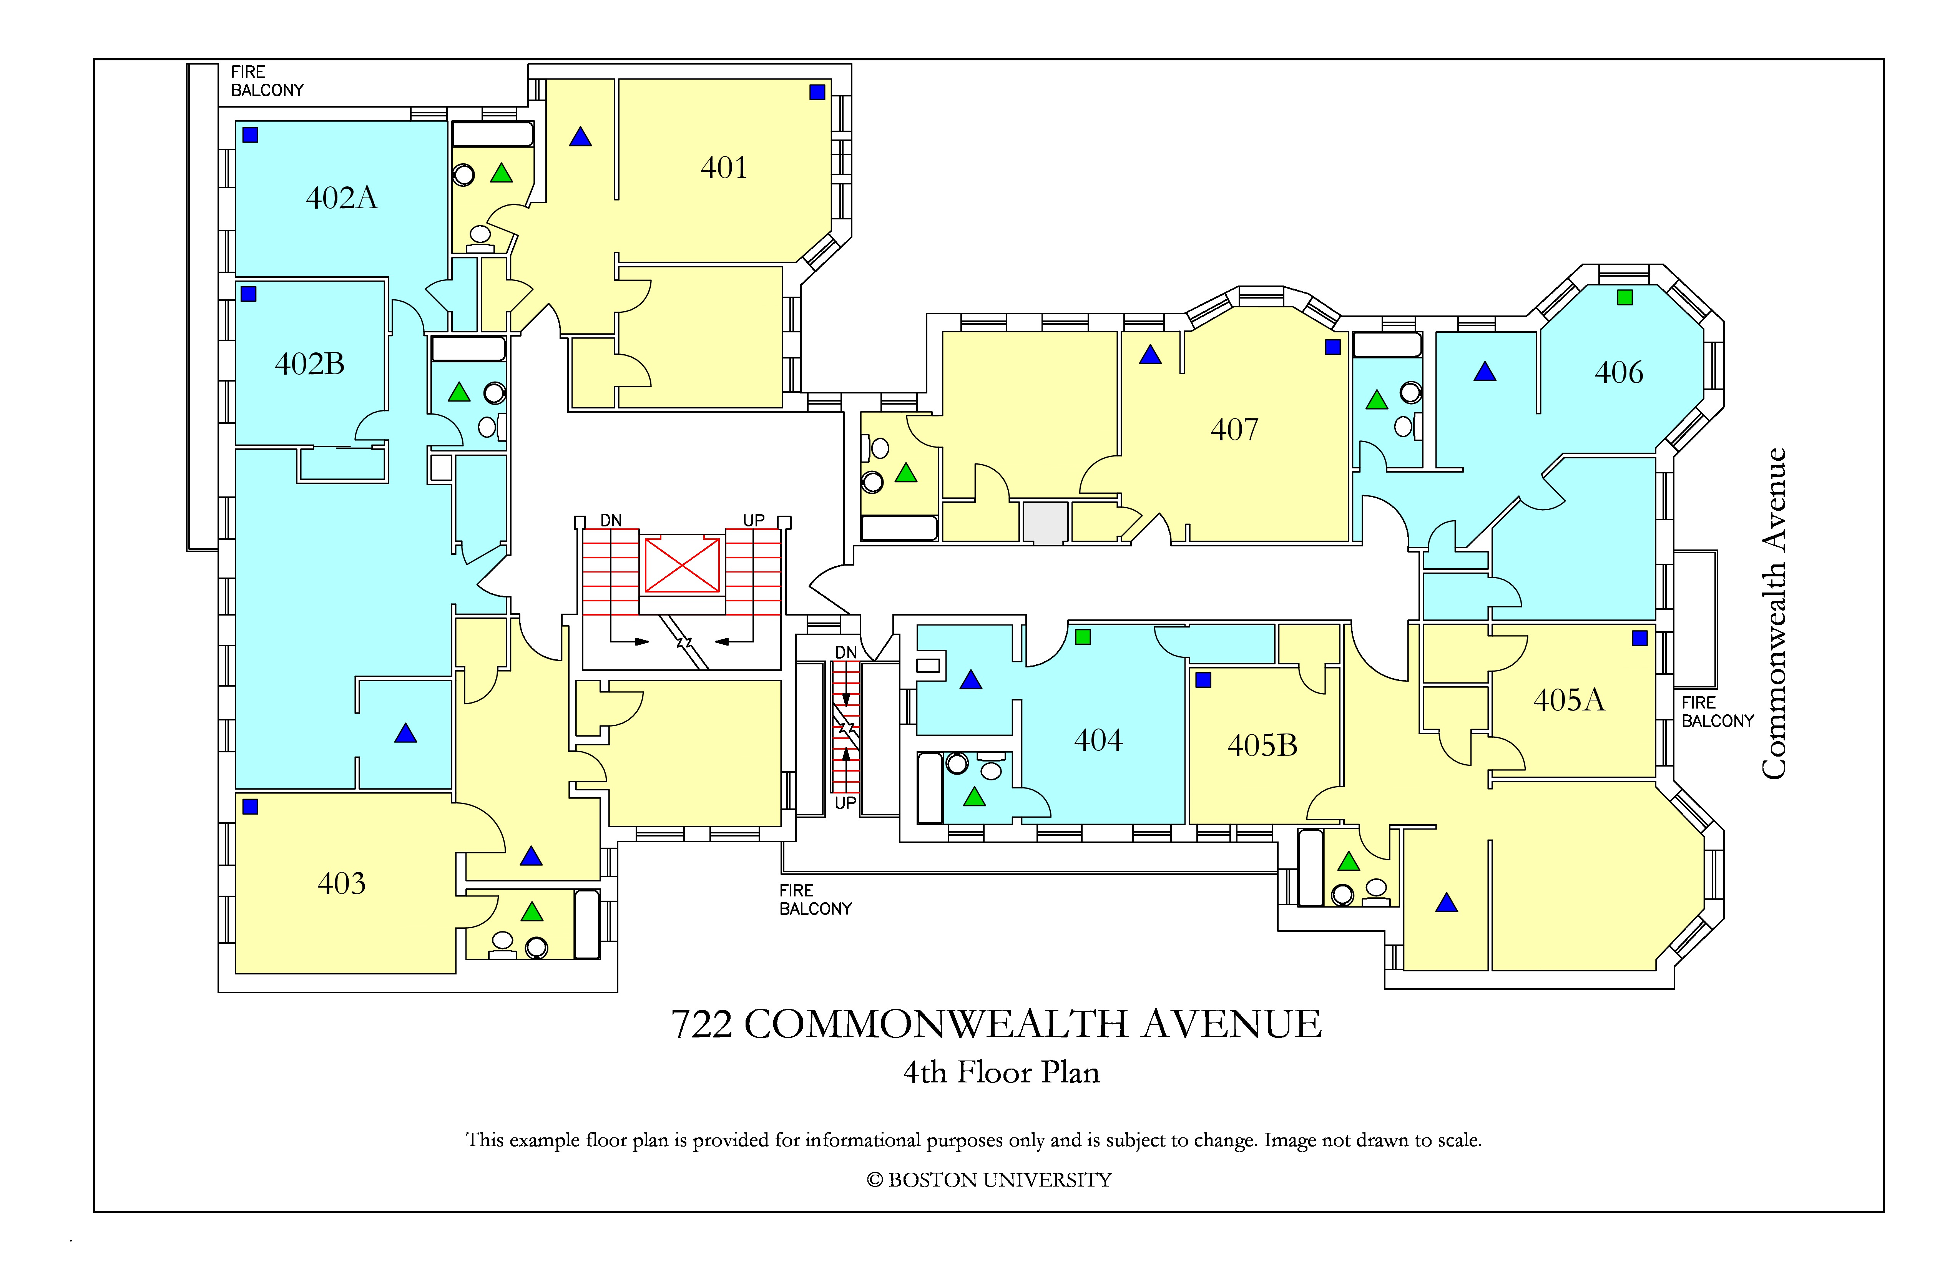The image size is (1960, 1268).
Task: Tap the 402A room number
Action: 342,198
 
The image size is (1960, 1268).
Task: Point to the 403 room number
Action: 342,883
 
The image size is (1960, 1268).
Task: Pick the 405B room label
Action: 1262,745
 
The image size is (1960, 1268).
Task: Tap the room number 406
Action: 1619,372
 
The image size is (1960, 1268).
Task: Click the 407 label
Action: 1234,429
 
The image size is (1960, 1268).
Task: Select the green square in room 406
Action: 1625,297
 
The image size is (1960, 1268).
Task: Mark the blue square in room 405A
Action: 1639,638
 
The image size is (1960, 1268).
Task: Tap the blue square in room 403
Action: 250,807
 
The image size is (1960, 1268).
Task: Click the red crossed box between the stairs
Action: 682,565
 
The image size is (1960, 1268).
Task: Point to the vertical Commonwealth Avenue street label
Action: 1774,613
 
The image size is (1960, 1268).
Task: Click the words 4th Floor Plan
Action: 1002,1072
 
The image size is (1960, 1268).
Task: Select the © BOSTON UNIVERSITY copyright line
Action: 989,1180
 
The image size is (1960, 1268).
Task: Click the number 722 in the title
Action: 702,1024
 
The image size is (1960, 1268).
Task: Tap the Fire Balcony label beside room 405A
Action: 1718,712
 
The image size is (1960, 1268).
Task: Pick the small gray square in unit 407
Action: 1045,522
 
